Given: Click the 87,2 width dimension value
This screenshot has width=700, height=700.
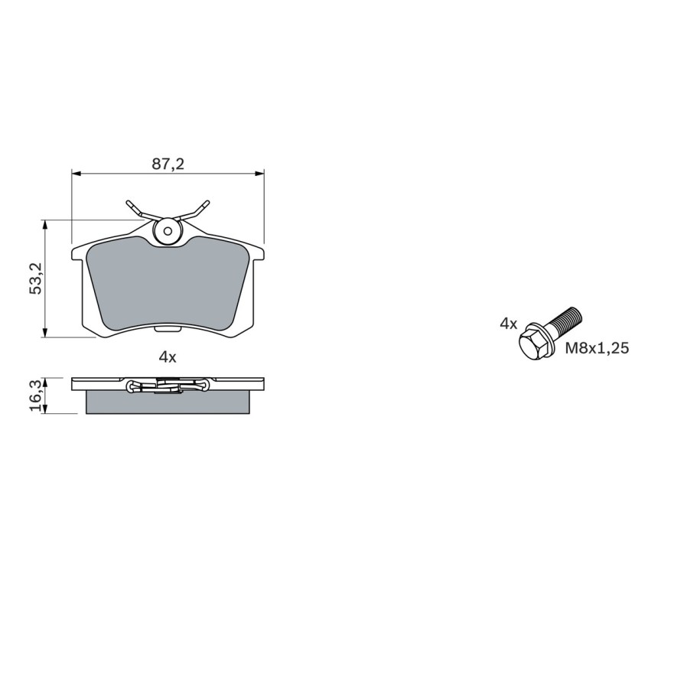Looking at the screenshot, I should pos(168,163).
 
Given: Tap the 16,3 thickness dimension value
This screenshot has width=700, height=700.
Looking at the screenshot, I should pos(35,396).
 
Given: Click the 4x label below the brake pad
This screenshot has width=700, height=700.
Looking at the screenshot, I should pos(168,357).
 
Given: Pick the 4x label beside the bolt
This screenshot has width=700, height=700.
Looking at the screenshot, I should pos(508,324).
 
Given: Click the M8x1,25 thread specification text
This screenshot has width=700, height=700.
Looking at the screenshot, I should pos(597,348).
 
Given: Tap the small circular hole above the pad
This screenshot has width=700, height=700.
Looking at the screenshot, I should pos(168,230).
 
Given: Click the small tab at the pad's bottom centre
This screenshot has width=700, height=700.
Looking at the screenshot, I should pos(168,330).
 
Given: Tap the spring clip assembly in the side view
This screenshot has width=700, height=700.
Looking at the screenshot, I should pos(168,386).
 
